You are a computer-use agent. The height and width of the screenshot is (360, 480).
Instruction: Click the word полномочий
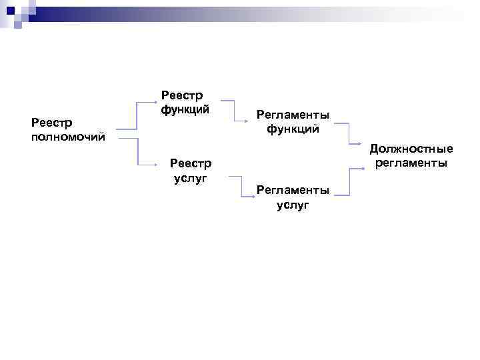coord(68,137)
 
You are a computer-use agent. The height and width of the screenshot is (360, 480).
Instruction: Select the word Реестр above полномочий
coord(53,123)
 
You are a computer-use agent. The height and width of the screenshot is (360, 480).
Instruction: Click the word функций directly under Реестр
coord(185,109)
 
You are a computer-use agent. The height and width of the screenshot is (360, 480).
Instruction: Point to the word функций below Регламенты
coord(293,129)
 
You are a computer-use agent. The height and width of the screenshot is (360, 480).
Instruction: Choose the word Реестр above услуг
coord(191,163)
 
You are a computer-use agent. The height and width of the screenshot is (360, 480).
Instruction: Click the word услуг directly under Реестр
coord(191,177)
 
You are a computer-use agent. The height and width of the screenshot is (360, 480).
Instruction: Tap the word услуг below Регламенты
coord(293,205)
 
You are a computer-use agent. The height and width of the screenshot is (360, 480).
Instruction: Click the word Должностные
coord(411,149)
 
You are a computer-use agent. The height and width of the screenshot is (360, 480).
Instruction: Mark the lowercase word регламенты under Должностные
coord(411,163)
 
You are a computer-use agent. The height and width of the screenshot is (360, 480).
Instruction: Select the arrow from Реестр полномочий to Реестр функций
coord(137,113)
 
